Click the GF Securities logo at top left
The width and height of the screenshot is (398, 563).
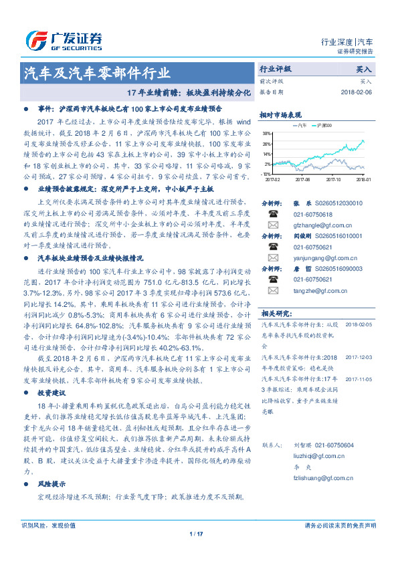click(x=64, y=37)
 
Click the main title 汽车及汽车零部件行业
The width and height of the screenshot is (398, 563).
click(x=98, y=74)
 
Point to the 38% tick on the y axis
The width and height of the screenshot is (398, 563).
click(x=267, y=134)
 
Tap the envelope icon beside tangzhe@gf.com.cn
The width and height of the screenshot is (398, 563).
click(x=273, y=290)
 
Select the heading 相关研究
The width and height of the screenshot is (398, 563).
click(x=275, y=312)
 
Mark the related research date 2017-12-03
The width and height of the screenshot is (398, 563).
click(x=358, y=358)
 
